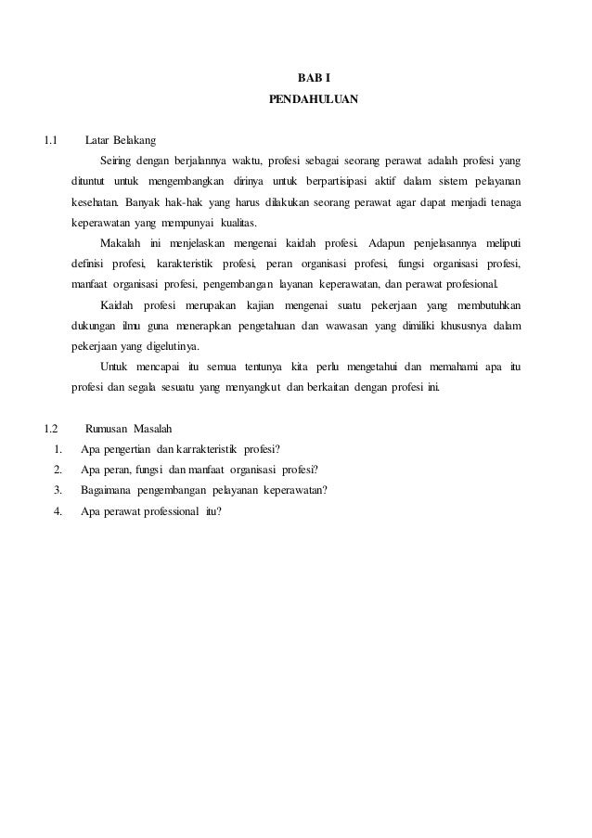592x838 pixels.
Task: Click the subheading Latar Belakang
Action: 121,141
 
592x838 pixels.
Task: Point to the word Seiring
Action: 118,160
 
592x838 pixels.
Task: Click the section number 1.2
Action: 51,429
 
